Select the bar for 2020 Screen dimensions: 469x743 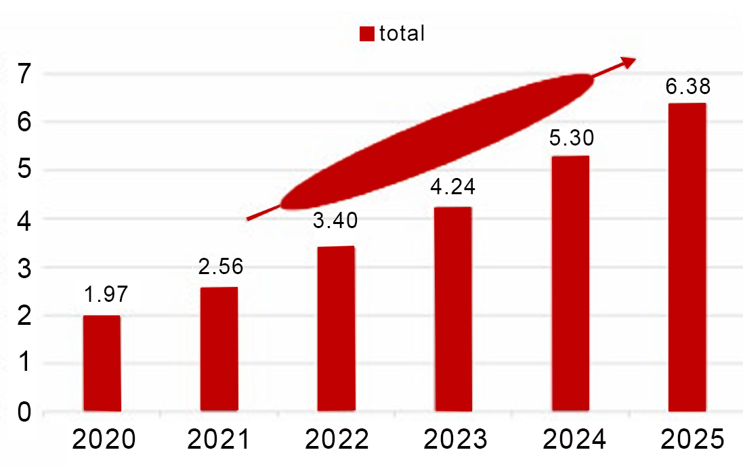102,363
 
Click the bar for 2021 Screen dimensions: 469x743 219,349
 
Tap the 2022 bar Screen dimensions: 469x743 337,329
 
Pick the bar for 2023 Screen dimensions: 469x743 453,309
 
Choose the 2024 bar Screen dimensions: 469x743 570,284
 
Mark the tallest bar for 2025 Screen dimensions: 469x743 687,257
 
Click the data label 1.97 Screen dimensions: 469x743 106,295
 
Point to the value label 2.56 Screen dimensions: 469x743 221,266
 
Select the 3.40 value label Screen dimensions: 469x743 335,221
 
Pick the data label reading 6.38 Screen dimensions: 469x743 688,87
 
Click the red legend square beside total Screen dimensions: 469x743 366,35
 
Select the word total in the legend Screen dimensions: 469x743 402,33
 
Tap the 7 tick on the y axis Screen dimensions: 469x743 25,74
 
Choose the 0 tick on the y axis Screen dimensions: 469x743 25,412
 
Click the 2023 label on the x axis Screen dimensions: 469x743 454,441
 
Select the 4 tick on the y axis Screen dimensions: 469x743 25,219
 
